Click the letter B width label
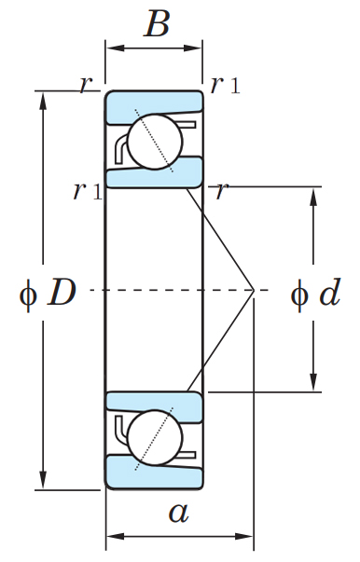pyautogui.click(x=157, y=23)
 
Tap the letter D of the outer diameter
pyautogui.click(x=62, y=293)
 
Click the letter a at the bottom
pyautogui.click(x=178, y=513)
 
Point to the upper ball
pyautogui.click(x=155, y=142)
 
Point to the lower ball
pyautogui.click(x=155, y=438)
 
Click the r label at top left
pyautogui.click(x=86, y=86)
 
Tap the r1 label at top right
pyautogui.click(x=225, y=86)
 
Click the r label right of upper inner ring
pyautogui.click(x=222, y=191)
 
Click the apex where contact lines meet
pyautogui.click(x=254, y=290)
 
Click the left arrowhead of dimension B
pyautogui.click(x=115, y=48)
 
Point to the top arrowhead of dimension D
pyautogui.click(x=44, y=101)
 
